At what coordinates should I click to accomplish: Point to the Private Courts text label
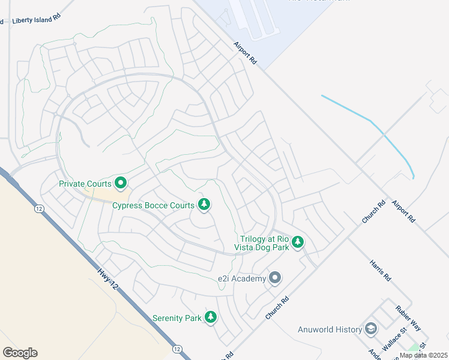click(x=85, y=184)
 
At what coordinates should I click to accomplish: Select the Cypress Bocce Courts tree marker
click(x=204, y=205)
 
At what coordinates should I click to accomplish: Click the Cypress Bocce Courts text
click(x=153, y=205)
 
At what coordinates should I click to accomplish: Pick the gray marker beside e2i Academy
click(x=275, y=278)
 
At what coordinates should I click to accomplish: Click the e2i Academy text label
click(x=241, y=278)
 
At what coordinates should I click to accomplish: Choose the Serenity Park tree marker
click(x=210, y=317)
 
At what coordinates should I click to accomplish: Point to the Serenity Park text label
click(x=177, y=318)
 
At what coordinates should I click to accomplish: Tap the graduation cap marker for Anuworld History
click(x=371, y=329)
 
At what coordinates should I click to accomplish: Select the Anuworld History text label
click(x=330, y=329)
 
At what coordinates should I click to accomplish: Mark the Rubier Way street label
click(x=408, y=320)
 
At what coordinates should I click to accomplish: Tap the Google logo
click(x=20, y=353)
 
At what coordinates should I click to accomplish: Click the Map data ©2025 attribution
click(x=424, y=355)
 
